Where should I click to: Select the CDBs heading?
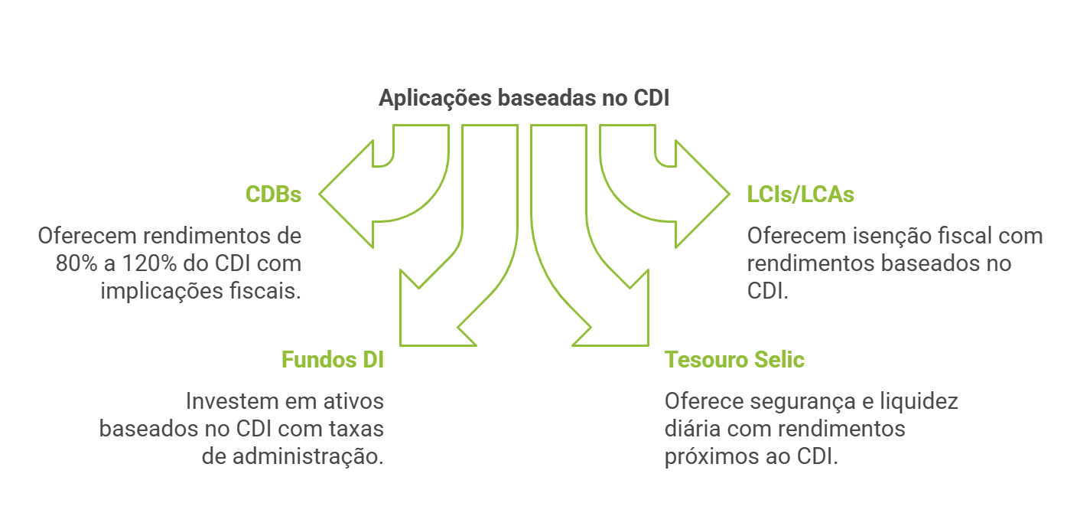click(273, 194)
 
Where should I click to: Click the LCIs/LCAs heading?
click(800, 194)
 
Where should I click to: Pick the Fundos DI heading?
click(332, 360)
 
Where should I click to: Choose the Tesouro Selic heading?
click(734, 360)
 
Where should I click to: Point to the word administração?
click(303, 457)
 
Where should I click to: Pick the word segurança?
click(796, 401)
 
